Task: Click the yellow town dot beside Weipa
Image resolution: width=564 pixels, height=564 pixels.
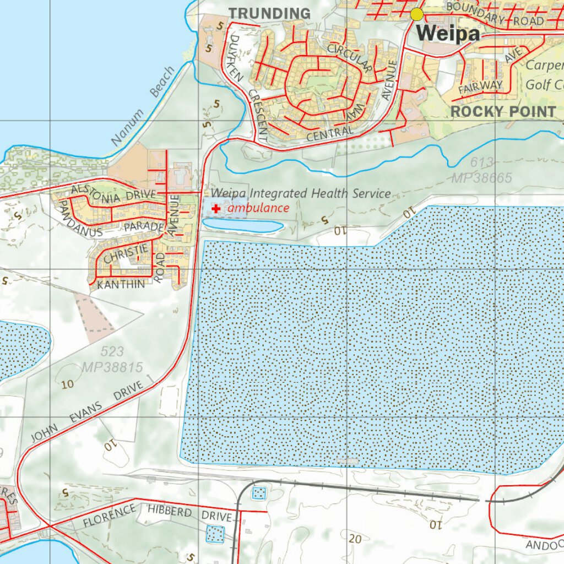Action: click(417, 14)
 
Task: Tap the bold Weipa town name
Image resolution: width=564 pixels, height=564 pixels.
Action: click(448, 33)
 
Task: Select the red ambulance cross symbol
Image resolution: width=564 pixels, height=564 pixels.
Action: click(216, 209)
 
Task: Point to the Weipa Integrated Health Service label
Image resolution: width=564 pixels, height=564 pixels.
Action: click(301, 193)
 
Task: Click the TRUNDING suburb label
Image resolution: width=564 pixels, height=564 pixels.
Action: click(269, 13)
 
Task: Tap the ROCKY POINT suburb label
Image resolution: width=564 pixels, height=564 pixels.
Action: click(503, 111)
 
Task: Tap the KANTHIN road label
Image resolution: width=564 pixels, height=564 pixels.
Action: click(121, 285)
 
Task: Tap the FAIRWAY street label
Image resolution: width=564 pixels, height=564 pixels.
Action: click(480, 86)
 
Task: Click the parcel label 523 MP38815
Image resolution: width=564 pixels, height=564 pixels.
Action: click(112, 359)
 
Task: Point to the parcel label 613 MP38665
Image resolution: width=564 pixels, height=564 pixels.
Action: click(482, 170)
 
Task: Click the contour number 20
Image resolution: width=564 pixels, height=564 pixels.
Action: click(355, 539)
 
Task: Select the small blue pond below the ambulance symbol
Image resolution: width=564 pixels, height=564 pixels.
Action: click(242, 225)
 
